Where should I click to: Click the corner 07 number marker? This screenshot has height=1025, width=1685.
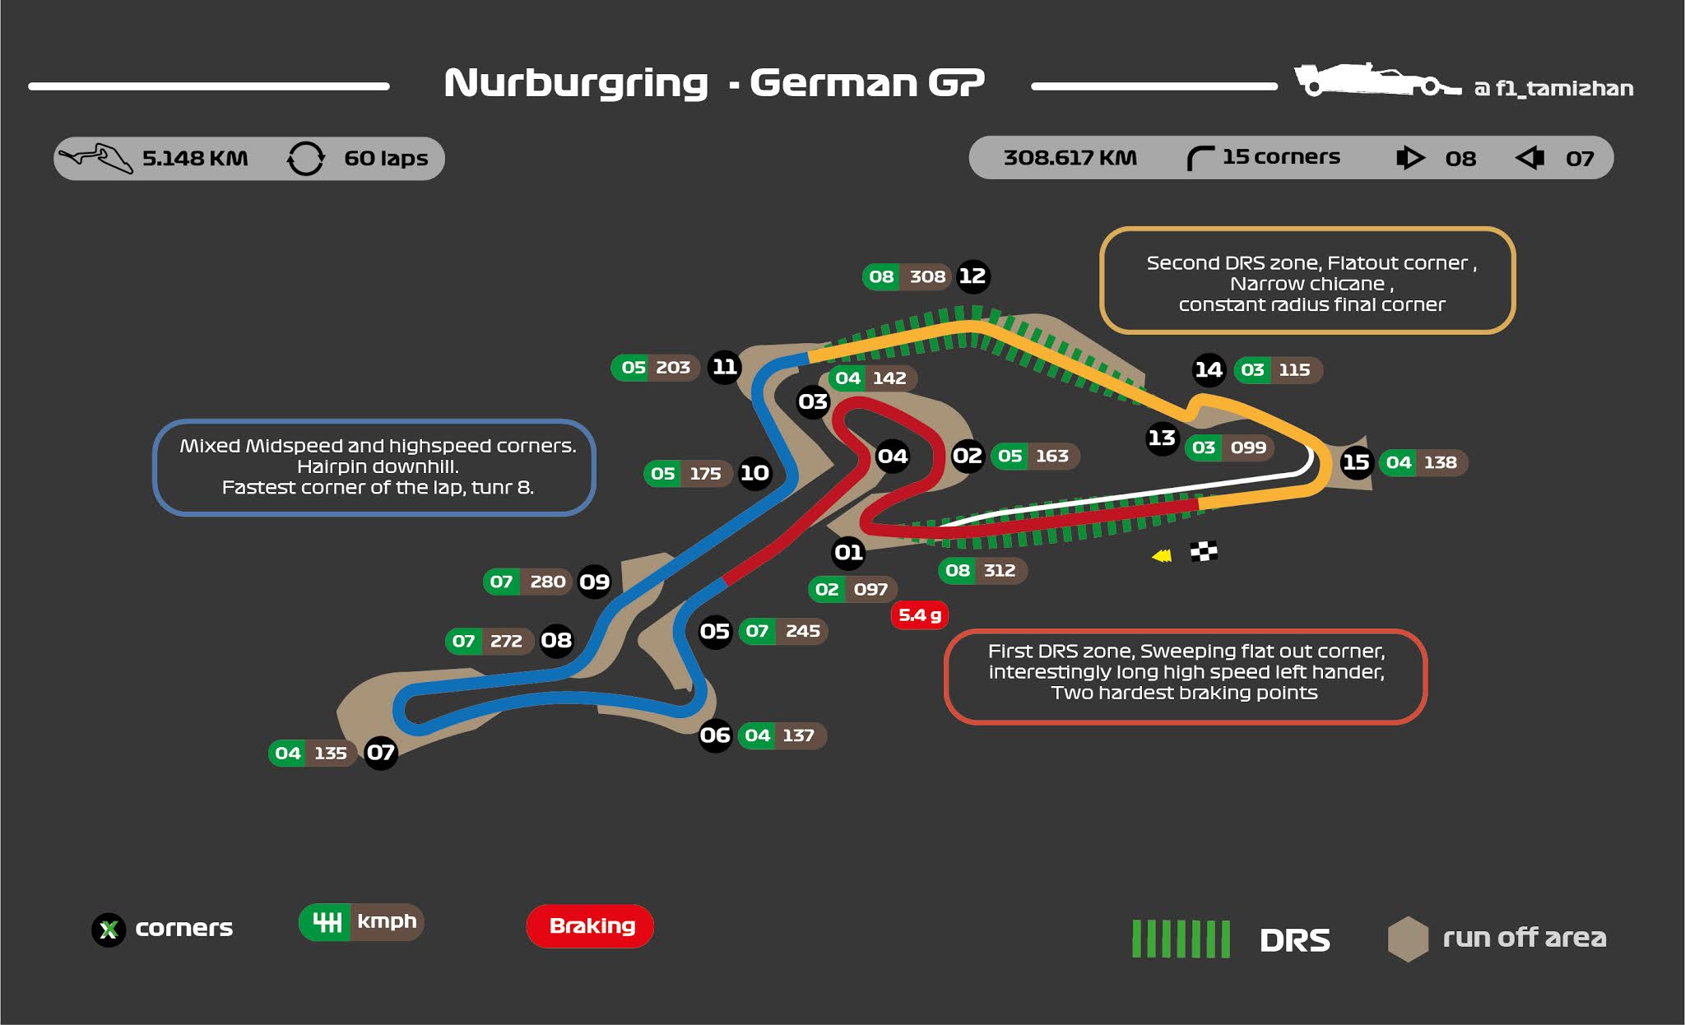pos(380,753)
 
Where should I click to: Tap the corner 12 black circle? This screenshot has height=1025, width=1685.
pos(972,276)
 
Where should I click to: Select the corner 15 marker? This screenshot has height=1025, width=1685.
pos(1356,462)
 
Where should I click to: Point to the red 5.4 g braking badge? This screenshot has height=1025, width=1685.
pos(919,615)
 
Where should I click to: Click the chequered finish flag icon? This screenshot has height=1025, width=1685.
pos(1204,551)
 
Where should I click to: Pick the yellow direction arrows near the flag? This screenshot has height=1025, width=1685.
pos(1162,556)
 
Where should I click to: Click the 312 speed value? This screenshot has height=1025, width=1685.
pos(1000,571)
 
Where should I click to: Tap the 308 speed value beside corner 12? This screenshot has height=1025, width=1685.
pos(927,277)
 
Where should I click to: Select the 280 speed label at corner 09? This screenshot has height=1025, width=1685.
pos(547,582)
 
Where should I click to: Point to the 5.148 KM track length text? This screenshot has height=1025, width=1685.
pos(195,158)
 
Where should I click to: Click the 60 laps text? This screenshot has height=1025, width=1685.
pos(386,158)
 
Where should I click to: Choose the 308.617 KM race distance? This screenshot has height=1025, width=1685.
pos(1070,157)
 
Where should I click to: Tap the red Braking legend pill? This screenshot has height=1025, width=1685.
pos(591,926)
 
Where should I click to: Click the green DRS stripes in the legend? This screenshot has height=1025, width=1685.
pos(1181,939)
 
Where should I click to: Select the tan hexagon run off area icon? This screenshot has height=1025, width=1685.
pos(1408,939)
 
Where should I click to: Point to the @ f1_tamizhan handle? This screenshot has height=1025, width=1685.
pos(1553,88)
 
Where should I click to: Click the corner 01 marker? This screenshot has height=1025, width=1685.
pos(848,552)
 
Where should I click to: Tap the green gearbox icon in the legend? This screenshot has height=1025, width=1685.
pos(327,922)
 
